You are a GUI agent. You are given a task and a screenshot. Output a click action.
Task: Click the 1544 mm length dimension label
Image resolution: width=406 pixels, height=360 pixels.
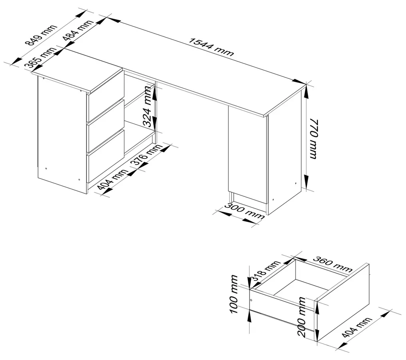(211, 47)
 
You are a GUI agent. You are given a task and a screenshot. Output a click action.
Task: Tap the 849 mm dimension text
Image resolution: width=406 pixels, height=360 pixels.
(42, 35)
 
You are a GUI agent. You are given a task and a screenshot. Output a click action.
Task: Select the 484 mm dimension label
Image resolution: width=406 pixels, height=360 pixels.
(78, 30)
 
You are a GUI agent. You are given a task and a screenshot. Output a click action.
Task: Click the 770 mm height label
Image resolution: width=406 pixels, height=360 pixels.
(313, 139)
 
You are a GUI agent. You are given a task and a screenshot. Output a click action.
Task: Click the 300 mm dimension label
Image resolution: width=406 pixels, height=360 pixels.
(244, 211)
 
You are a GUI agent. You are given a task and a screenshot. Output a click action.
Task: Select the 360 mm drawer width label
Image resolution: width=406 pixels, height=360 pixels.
(332, 264)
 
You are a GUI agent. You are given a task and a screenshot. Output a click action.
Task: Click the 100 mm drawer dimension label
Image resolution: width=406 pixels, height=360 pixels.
(234, 294)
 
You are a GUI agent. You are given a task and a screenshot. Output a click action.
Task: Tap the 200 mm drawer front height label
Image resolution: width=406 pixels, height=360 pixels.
(302, 317)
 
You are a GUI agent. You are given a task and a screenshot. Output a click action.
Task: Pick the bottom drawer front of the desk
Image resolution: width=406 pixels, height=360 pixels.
(106, 156)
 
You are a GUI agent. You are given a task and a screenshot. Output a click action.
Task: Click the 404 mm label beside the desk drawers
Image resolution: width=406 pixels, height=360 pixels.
(112, 181)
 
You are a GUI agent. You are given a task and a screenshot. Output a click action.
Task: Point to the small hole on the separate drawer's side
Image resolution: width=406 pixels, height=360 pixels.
(251, 300)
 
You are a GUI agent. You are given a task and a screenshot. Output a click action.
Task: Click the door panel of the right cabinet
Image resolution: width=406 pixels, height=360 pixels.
(248, 155)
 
